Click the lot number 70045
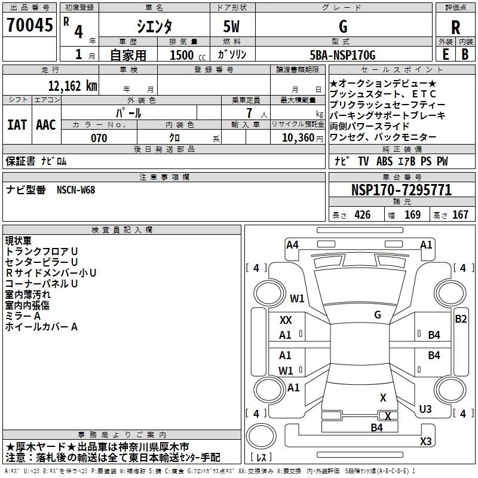click(29, 25)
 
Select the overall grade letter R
click(455, 27)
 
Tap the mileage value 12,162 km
click(72, 86)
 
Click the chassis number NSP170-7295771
click(402, 190)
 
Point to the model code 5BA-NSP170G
click(342, 55)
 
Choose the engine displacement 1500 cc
click(188, 55)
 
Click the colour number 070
click(99, 138)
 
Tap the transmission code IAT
click(17, 125)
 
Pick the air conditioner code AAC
click(46, 125)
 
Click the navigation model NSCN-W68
click(76, 190)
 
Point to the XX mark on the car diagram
click(286, 320)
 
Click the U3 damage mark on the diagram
click(425, 409)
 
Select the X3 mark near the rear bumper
click(426, 441)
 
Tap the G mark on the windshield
click(378, 315)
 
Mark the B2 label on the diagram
click(461, 319)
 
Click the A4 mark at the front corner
click(292, 245)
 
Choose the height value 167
click(460, 215)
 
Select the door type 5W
click(231, 26)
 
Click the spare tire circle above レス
click(261, 436)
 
